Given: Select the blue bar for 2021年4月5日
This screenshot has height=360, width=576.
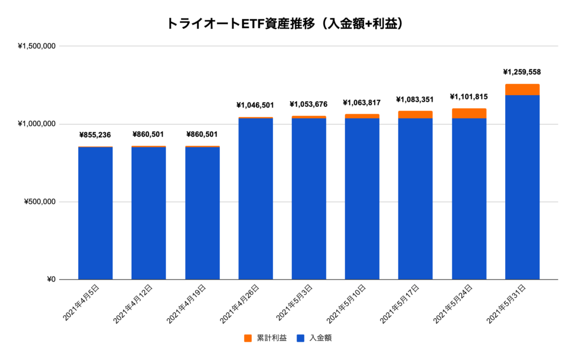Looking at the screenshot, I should point(95,214).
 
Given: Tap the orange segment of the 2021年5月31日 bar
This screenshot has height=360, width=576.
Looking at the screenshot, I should point(522,89).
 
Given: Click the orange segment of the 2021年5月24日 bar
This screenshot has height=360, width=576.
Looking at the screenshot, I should point(469,113).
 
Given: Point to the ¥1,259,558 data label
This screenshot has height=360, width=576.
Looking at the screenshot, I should point(521,72).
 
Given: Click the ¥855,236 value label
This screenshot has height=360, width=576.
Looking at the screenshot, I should point(95,134).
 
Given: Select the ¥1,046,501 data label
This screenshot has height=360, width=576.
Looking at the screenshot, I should point(255,105).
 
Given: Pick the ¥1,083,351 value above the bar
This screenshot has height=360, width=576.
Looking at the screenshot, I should point(415,100).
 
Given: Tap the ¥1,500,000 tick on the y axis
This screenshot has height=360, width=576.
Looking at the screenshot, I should point(37,46).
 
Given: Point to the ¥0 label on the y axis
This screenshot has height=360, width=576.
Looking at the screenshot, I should point(50,280).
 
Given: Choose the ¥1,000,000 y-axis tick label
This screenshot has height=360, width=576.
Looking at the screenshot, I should point(37,124).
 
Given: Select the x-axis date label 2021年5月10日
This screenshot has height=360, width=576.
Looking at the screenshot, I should point(345,304).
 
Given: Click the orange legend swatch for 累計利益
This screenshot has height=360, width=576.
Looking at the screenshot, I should point(247,338).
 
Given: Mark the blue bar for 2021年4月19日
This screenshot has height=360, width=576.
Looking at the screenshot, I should point(202,214).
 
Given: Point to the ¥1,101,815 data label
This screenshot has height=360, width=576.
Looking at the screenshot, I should point(469,97).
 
